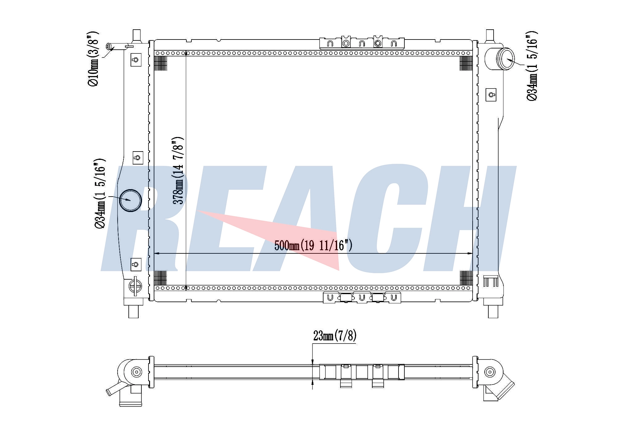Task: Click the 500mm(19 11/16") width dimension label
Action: point(313,245)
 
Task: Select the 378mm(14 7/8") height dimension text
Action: point(178,170)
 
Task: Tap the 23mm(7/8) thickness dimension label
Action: point(335,335)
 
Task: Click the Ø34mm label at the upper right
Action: point(532,65)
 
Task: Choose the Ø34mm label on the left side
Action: point(100,194)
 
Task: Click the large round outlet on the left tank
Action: point(130,200)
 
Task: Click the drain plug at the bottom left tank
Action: point(136,286)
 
